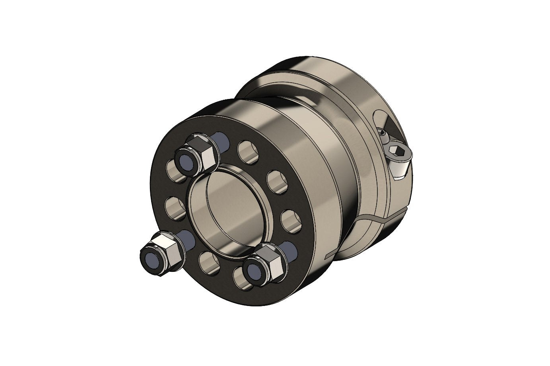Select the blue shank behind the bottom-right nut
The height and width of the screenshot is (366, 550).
click(x=290, y=249)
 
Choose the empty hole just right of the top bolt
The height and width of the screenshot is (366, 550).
click(x=248, y=152)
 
